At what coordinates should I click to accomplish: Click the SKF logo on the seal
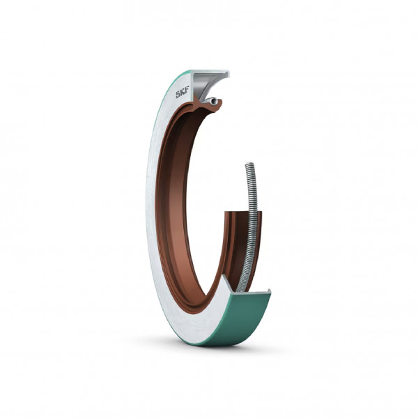click(x=183, y=93)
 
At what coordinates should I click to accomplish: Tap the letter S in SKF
click(x=178, y=95)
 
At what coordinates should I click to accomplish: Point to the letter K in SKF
click(x=183, y=93)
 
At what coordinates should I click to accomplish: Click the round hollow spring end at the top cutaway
click(x=212, y=101)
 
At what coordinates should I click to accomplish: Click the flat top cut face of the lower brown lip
click(x=243, y=212)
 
